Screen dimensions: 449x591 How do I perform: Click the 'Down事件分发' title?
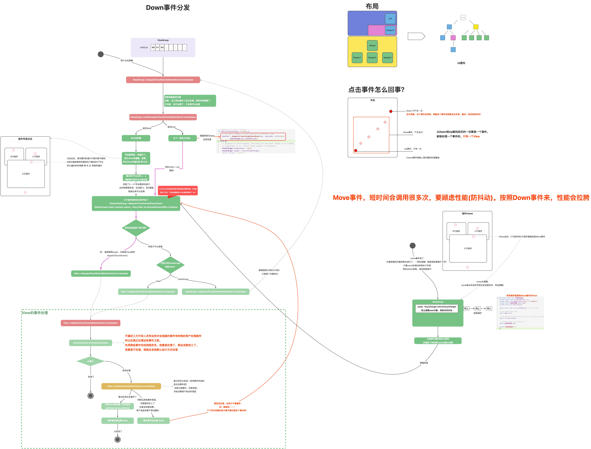168,7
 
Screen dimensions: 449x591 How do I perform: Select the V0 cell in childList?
153,48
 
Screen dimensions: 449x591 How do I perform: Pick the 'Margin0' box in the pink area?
390,30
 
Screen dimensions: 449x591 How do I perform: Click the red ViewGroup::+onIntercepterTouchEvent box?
163,117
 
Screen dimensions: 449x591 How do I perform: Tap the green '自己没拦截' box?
136,138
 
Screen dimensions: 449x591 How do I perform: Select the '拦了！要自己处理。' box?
183,138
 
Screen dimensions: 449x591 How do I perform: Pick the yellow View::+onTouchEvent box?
131,386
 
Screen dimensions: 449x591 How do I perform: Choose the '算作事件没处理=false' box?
153,421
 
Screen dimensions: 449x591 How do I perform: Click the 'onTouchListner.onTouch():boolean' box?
91,343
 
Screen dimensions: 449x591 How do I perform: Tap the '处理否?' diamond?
91,361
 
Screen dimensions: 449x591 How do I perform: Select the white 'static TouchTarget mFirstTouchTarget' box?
437,308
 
